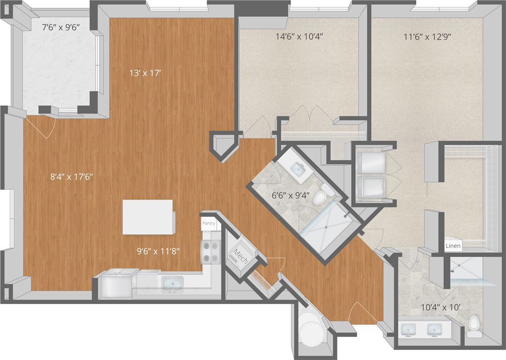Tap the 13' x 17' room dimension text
(146, 73)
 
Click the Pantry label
(209, 223)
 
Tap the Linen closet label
(453, 246)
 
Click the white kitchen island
(148, 217)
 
